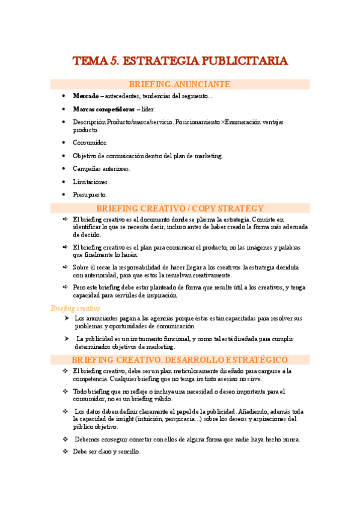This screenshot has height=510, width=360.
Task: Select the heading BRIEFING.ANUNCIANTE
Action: [x=180, y=84]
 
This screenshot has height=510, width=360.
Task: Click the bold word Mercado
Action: [x=85, y=96]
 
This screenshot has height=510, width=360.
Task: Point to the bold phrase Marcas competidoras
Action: [x=103, y=109]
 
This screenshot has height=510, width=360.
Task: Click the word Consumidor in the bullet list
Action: [x=90, y=143]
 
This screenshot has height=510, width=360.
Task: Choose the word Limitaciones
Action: [x=91, y=182]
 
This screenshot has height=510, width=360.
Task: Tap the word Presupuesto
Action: [x=90, y=194]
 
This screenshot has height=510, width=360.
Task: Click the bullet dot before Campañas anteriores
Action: [x=64, y=168]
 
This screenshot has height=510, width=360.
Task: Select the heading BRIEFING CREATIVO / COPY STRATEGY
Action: [x=180, y=208]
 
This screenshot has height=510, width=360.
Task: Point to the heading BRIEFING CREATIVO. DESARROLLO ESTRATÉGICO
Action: [x=180, y=360]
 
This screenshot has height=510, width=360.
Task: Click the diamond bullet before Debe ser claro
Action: [x=66, y=451]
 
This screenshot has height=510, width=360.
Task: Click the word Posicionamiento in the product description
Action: [x=197, y=122]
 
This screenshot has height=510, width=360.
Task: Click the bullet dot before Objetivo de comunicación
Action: [x=64, y=156]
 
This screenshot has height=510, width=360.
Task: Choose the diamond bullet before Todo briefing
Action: [x=66, y=392]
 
